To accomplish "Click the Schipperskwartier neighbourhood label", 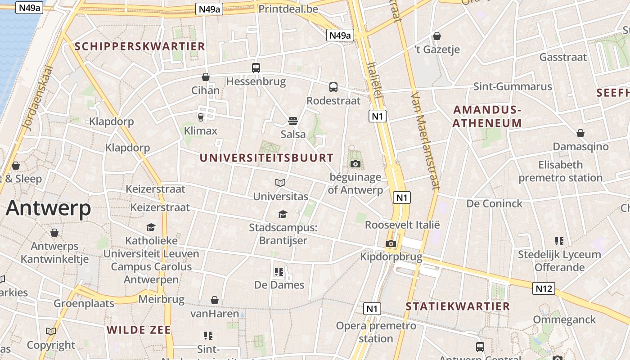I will click(x=139, y=46).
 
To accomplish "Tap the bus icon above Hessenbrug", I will click(x=256, y=68).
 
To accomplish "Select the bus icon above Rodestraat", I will click(x=333, y=87).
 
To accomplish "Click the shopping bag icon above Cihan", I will click(x=206, y=77).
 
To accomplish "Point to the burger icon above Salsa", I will click(x=293, y=121).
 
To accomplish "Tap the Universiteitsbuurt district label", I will click(x=266, y=158).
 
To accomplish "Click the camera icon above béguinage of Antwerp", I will click(x=355, y=164).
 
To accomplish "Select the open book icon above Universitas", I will click(x=280, y=183).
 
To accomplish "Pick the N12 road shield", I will click(x=544, y=288).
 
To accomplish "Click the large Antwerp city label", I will click(x=49, y=208).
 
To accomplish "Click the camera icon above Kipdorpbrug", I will click(x=391, y=244).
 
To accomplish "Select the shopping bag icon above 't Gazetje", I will click(x=437, y=36).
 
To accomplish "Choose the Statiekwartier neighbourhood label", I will click(x=458, y=306).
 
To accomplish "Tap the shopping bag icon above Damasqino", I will click(x=580, y=133).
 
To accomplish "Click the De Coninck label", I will click(x=495, y=203).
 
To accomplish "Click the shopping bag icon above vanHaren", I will click(x=215, y=300).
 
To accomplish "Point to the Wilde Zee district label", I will click(x=139, y=330).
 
